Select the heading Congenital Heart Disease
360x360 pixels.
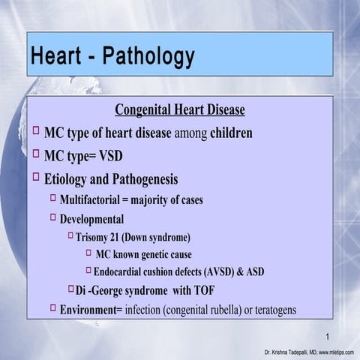point(180,110)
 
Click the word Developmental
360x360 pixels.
point(91,220)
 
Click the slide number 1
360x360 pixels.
point(328,335)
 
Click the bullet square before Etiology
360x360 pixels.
point(37,178)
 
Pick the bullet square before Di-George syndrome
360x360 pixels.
point(71,289)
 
